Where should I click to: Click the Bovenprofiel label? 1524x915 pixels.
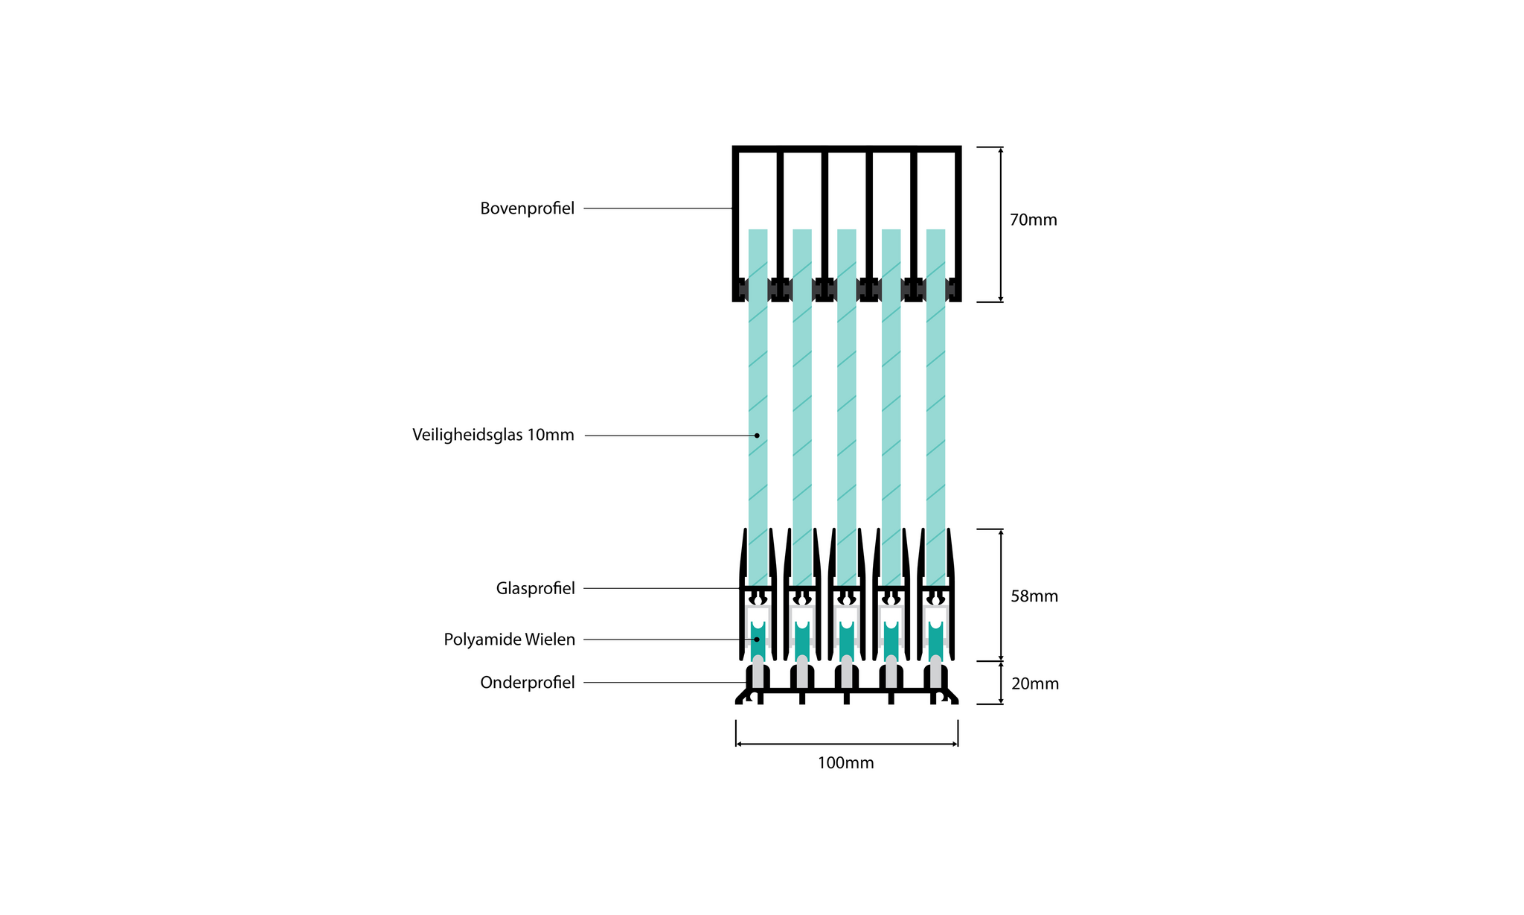(527, 208)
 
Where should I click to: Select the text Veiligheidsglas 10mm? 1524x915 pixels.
(493, 435)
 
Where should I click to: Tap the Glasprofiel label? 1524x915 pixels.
(535, 589)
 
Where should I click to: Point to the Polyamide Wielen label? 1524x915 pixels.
(509, 640)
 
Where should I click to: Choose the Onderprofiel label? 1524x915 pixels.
(527, 683)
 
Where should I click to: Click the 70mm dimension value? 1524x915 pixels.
(1033, 220)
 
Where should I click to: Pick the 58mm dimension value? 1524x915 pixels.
(1034, 596)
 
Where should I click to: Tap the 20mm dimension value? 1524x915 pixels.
(1034, 683)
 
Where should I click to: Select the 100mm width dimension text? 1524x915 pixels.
(845, 763)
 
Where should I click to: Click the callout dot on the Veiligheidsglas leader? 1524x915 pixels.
(757, 436)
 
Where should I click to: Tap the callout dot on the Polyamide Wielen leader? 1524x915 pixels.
(757, 640)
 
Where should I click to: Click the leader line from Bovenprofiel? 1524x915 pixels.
(659, 208)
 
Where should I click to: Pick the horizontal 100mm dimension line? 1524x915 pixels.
(847, 744)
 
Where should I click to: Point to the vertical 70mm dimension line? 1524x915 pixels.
(1000, 225)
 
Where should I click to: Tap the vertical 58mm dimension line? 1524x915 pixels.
(1000, 595)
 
